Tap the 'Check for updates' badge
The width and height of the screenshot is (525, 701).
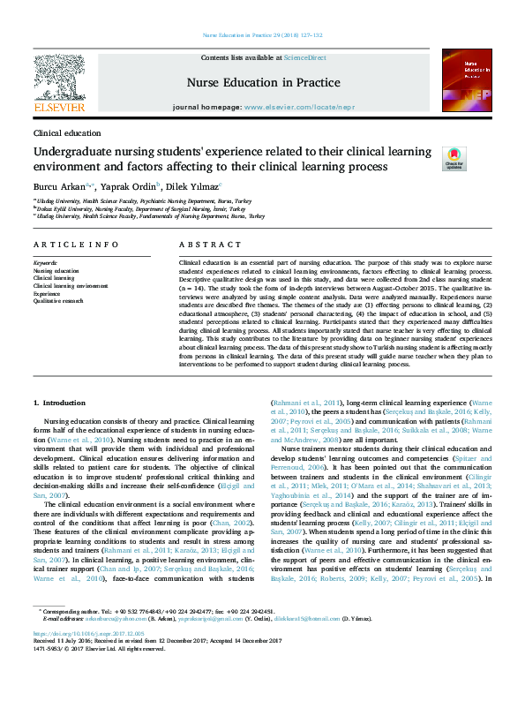tap(454, 158)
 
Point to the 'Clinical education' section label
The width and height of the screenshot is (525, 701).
tap(67, 132)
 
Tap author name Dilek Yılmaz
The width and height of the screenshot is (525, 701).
tap(196, 187)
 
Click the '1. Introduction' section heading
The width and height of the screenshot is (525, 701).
tap(59, 402)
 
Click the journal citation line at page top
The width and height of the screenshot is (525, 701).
tap(262, 35)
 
